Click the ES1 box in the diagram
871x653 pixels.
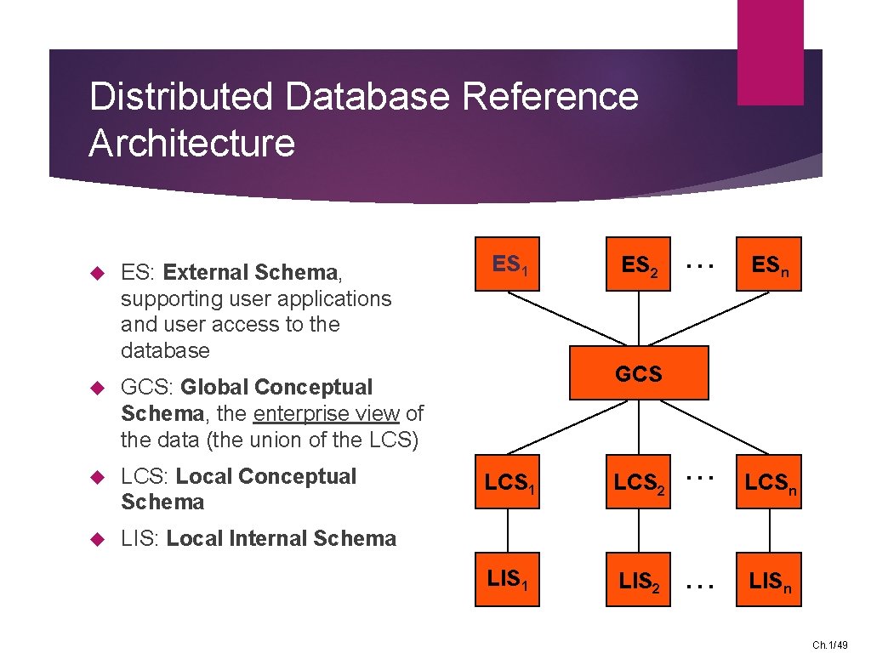click(x=507, y=264)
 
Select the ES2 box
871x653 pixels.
click(x=638, y=264)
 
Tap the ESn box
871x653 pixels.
click(x=769, y=264)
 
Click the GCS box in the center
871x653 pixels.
click(x=638, y=373)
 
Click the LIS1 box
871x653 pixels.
click(x=507, y=581)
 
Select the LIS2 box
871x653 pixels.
click(x=638, y=581)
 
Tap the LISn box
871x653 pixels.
click(x=769, y=581)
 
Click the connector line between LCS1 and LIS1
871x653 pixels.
click(x=508, y=532)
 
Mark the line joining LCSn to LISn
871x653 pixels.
click(x=770, y=532)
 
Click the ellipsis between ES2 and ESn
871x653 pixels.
click(x=700, y=265)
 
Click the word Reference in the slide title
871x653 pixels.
click(x=549, y=96)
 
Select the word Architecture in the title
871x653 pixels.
click(x=191, y=142)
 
